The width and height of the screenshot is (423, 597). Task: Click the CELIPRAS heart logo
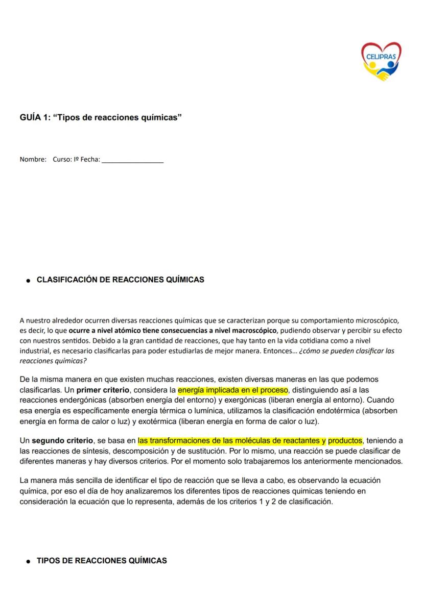coord(381,62)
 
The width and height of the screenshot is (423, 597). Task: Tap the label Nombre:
coord(33,160)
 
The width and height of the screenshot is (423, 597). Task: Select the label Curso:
coord(63,160)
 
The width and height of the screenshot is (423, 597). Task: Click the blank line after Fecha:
coord(133,161)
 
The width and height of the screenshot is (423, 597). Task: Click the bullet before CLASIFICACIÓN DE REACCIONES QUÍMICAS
coord(29,281)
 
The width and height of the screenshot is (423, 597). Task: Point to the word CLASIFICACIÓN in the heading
coord(64,280)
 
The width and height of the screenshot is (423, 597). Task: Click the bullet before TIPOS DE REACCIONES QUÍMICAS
coord(29,561)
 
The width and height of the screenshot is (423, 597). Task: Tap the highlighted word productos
coord(345,440)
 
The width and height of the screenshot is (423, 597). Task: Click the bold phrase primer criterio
coord(102,390)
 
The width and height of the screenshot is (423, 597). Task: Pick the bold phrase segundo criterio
coord(62,440)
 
